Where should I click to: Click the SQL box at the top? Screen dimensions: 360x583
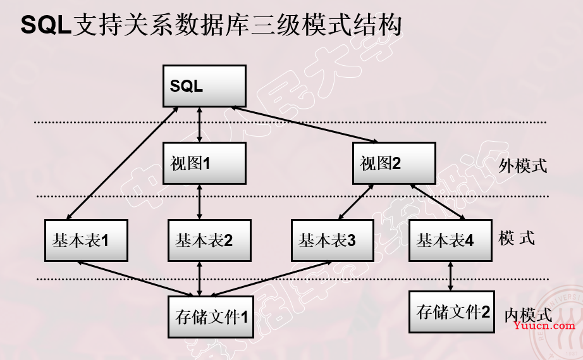(x=204, y=85)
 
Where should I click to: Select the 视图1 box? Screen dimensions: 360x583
(x=204, y=163)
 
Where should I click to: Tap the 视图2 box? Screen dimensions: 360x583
(x=393, y=163)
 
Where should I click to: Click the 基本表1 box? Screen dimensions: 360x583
(x=85, y=240)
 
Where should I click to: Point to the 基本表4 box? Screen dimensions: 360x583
(x=450, y=240)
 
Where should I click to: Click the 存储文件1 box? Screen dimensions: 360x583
(x=210, y=315)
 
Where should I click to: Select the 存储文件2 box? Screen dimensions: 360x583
(x=450, y=312)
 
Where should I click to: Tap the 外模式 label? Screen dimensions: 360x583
(x=522, y=166)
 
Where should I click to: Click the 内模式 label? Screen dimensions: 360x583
(x=528, y=314)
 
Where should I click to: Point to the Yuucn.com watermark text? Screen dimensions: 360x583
(x=544, y=325)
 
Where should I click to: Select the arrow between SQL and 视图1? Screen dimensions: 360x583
(x=200, y=124)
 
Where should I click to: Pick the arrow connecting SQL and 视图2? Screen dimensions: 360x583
(x=307, y=125)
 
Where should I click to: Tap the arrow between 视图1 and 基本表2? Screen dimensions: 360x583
(x=200, y=201)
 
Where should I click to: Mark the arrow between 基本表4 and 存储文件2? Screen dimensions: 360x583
(x=450, y=276)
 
